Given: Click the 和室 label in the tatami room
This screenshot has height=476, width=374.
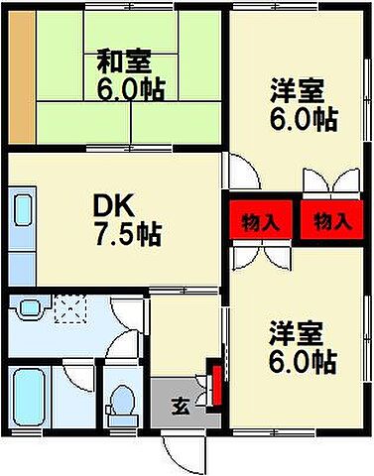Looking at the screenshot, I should [123, 59].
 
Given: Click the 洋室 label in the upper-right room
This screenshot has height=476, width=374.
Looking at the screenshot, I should [297, 91].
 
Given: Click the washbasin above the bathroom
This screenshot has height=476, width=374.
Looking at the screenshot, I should [30, 308].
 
